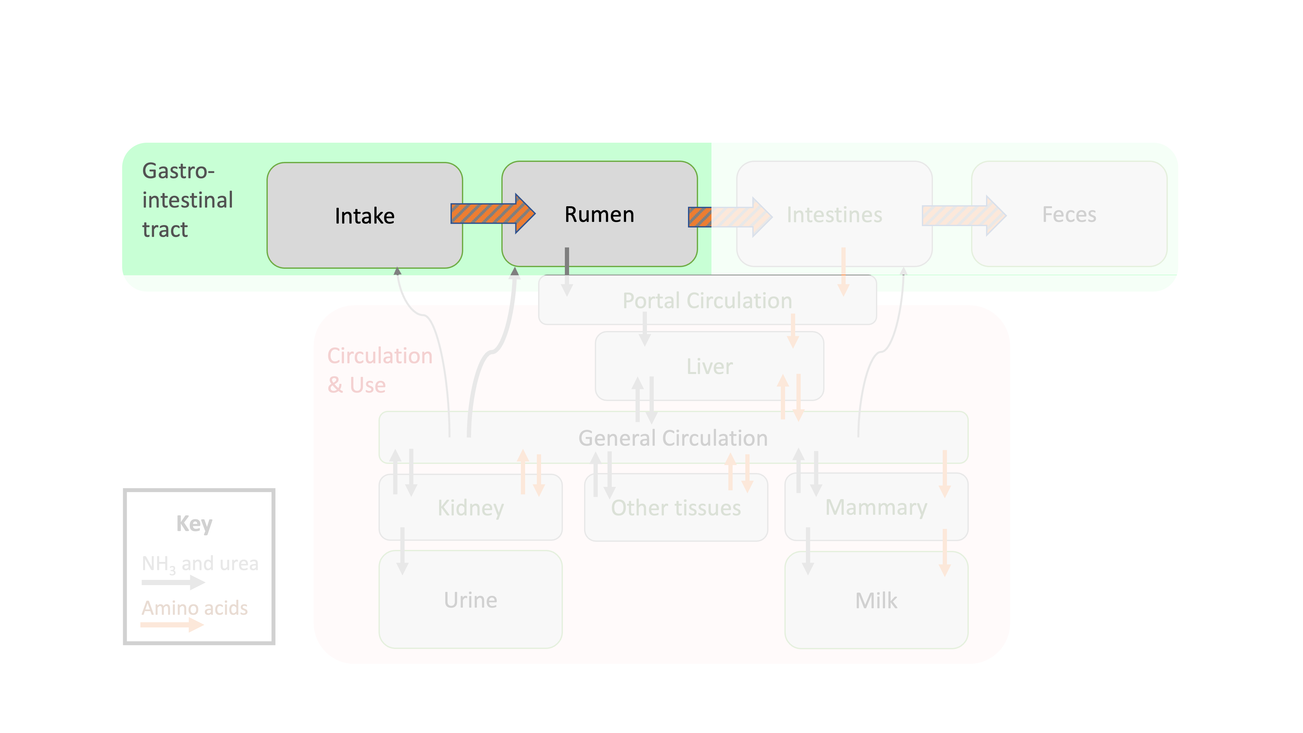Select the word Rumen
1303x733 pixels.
(x=599, y=214)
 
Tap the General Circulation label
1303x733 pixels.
(x=673, y=438)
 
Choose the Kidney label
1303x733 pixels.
(x=470, y=507)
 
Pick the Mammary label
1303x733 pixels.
(x=876, y=507)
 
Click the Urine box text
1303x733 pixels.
(x=470, y=600)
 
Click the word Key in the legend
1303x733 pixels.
(x=194, y=524)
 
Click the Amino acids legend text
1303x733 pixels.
(x=195, y=608)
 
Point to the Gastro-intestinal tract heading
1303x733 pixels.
(x=187, y=200)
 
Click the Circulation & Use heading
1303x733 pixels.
(x=379, y=370)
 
